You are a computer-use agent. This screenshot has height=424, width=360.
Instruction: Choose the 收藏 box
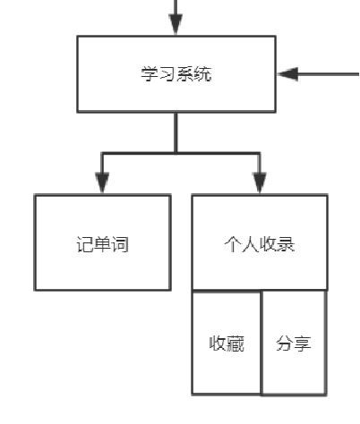tap(227, 343)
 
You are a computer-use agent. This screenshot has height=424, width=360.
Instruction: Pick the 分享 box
tap(293, 343)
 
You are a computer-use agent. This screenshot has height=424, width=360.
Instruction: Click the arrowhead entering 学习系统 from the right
tap(288, 73)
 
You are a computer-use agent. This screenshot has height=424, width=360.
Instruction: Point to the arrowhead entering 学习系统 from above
tap(176, 25)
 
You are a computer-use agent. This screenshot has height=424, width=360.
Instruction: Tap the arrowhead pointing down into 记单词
tap(101, 182)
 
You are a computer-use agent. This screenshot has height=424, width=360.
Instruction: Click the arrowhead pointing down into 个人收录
tap(259, 182)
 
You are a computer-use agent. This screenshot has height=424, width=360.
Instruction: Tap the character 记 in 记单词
tap(83, 243)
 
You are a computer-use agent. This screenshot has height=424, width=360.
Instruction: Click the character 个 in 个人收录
tap(232, 243)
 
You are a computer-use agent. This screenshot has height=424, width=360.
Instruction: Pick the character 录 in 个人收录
tap(287, 243)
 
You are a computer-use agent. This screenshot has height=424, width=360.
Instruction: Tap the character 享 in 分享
tap(303, 343)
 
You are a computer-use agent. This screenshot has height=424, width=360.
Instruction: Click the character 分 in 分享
tap(284, 343)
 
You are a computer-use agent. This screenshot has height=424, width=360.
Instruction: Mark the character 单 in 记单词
tap(101, 243)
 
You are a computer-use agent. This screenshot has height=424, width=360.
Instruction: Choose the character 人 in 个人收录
tap(250, 243)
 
